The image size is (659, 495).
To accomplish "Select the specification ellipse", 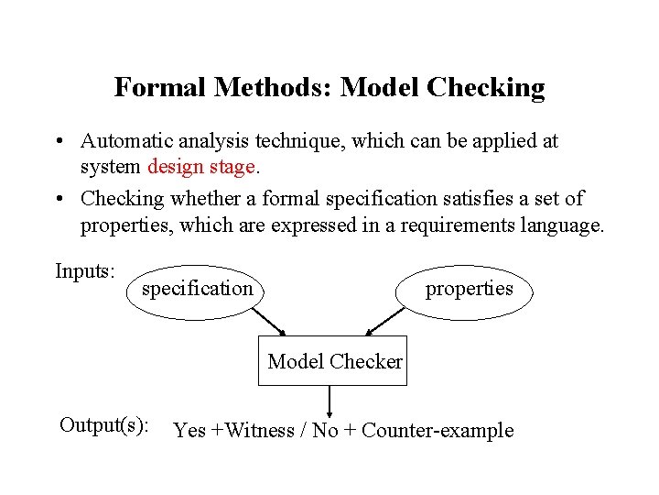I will click(196, 290).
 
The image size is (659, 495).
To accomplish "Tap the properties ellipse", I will click(469, 290).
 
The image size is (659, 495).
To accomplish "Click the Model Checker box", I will click(333, 362).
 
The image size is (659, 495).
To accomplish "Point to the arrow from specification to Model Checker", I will click(268, 323).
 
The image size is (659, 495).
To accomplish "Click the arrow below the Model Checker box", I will click(329, 401).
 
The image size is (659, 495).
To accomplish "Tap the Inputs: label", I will click(85, 271).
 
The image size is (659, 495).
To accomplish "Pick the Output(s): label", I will click(104, 425).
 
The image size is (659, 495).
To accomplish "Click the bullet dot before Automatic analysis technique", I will click(58, 142).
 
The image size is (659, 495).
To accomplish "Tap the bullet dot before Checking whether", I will click(58, 199).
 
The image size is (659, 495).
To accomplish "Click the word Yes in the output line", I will click(189, 431).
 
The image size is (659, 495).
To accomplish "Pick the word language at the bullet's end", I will click(561, 225).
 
